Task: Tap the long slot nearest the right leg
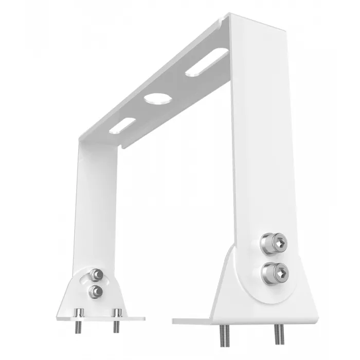point(207,62)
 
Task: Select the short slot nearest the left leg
point(122,125)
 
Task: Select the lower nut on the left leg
point(95,292)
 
